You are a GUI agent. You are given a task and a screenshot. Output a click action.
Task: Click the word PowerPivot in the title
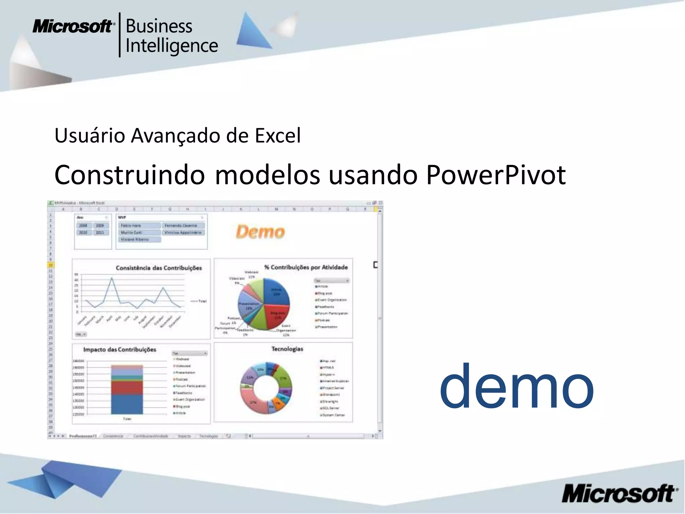(496, 175)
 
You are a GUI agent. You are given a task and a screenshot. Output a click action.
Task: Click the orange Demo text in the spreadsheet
(260, 232)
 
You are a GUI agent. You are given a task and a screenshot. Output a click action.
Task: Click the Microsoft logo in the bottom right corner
(619, 494)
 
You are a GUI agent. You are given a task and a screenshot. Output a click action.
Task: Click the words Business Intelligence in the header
(171, 36)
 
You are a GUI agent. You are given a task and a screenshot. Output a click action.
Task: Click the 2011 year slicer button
(100, 232)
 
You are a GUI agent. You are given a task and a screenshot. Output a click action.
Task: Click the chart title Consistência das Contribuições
(159, 268)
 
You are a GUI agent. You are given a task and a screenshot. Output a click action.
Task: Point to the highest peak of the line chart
(112, 278)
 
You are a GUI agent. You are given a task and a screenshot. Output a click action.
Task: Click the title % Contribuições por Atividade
(306, 267)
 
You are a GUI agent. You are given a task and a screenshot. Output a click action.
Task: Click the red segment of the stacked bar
(127, 388)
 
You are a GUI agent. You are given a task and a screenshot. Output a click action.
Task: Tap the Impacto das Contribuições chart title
(119, 349)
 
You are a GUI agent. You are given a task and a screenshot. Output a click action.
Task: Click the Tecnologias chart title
(287, 349)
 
